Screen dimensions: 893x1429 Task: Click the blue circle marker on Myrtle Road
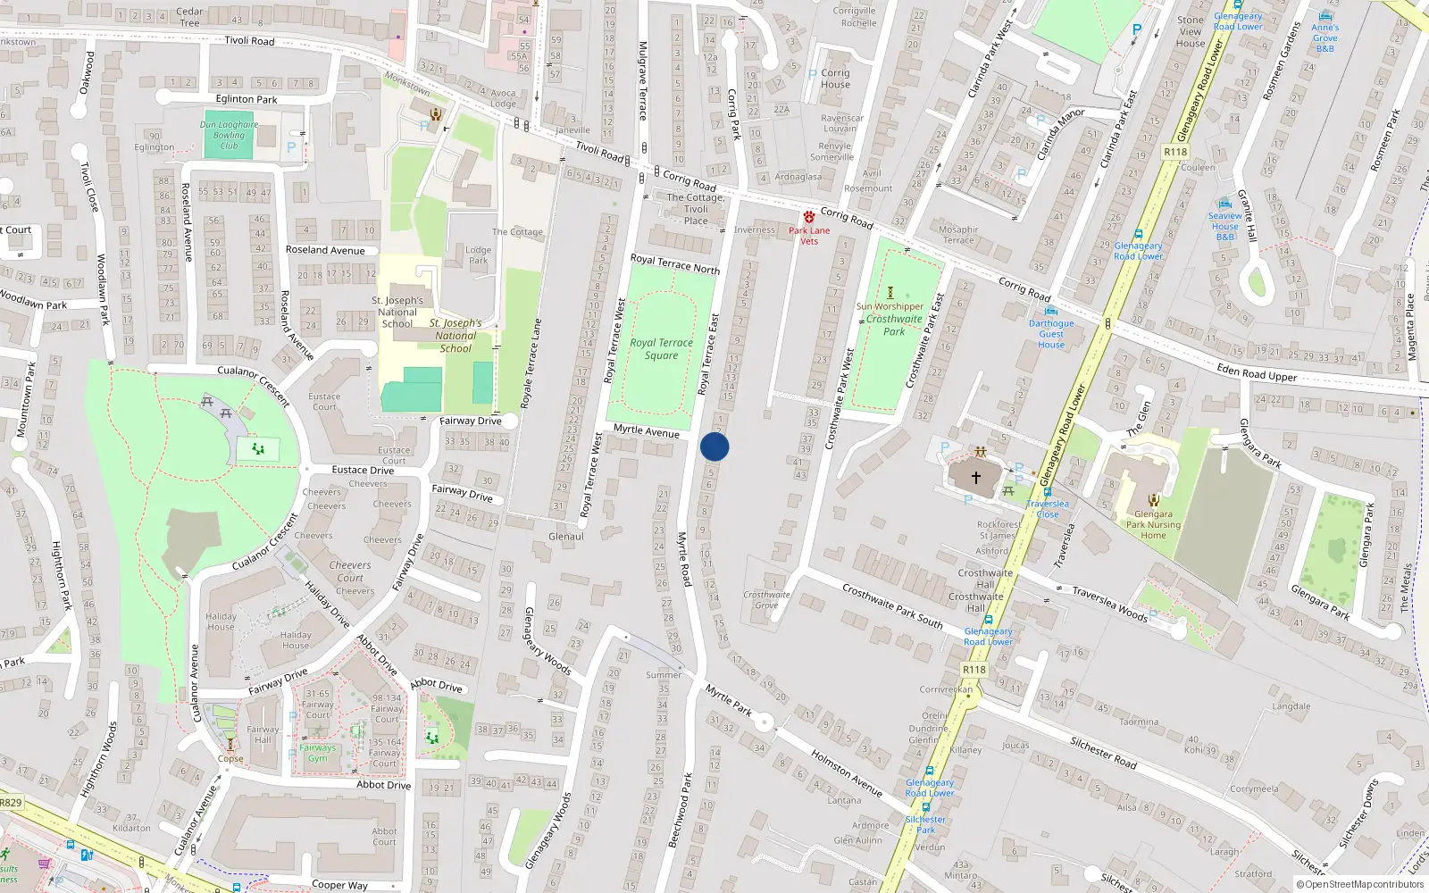[714, 446]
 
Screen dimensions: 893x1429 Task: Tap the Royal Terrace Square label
[661, 349]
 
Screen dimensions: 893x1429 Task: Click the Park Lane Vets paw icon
[808, 217]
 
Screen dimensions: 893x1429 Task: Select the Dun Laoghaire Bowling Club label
[229, 135]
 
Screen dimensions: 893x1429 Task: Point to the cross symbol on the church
[976, 478]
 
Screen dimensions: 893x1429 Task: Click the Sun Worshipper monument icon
[890, 293]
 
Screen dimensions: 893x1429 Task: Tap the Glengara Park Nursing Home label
[1153, 525]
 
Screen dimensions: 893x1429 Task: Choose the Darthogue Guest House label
[1051, 334]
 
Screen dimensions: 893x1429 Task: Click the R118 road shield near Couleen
[1175, 153]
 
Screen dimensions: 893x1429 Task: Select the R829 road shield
[11, 803]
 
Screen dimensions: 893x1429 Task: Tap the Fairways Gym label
[318, 753]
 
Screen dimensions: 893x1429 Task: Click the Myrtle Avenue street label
[647, 431]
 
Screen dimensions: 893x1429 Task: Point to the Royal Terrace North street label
[674, 263]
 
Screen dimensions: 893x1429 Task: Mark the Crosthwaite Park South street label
[891, 605]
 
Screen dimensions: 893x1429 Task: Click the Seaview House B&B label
[1225, 226]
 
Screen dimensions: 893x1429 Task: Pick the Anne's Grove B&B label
[1325, 38]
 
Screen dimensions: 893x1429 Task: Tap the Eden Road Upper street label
[1256, 372]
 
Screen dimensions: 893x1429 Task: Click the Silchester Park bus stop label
[925, 824]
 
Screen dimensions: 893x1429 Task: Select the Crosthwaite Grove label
[766, 600]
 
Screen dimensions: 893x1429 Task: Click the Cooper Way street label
[339, 885]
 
